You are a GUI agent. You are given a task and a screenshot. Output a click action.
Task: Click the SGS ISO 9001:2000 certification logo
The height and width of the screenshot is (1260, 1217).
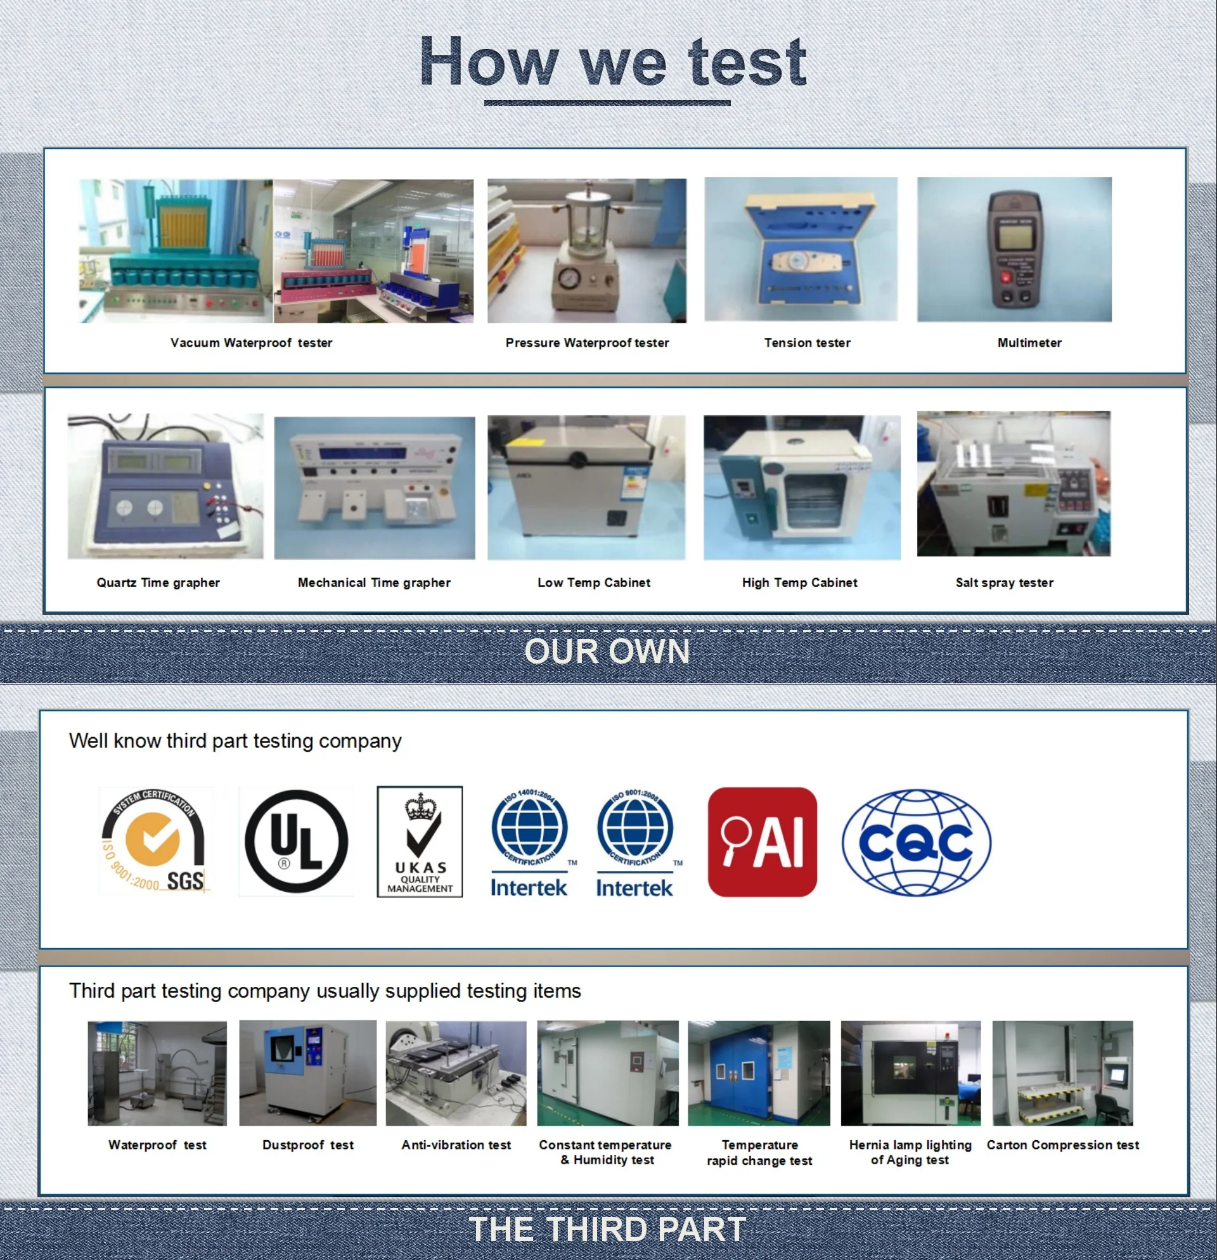154,841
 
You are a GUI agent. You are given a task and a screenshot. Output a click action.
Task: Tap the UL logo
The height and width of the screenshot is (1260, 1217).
296,841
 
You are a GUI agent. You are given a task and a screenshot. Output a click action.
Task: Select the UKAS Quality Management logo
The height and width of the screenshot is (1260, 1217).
419,841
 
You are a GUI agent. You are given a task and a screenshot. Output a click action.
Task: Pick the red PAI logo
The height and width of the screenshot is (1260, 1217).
762,842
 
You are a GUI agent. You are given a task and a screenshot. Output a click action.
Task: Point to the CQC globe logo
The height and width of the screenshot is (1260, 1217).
916,842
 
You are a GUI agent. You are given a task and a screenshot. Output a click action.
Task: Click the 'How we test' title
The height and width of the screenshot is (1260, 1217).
613,62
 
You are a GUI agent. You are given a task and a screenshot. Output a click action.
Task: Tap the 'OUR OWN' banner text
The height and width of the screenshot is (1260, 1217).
607,651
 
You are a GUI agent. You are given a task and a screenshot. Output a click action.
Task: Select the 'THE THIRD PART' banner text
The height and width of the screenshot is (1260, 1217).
607,1229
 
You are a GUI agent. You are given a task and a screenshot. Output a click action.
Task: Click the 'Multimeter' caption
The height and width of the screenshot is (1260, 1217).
1029,343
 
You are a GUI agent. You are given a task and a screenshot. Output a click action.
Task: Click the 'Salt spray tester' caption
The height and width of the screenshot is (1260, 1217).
1004,582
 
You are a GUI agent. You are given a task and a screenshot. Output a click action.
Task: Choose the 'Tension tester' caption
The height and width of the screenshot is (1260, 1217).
807,343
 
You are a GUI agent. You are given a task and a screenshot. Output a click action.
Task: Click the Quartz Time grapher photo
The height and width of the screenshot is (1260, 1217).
165,486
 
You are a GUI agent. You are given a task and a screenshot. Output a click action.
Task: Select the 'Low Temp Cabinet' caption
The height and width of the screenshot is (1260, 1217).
593,582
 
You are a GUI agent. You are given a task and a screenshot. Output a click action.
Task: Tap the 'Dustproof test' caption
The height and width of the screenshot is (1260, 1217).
308,1145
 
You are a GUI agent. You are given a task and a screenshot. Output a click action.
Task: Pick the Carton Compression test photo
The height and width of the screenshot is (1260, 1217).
1062,1073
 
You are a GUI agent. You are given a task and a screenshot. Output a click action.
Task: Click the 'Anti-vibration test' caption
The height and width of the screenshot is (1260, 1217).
456,1145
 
